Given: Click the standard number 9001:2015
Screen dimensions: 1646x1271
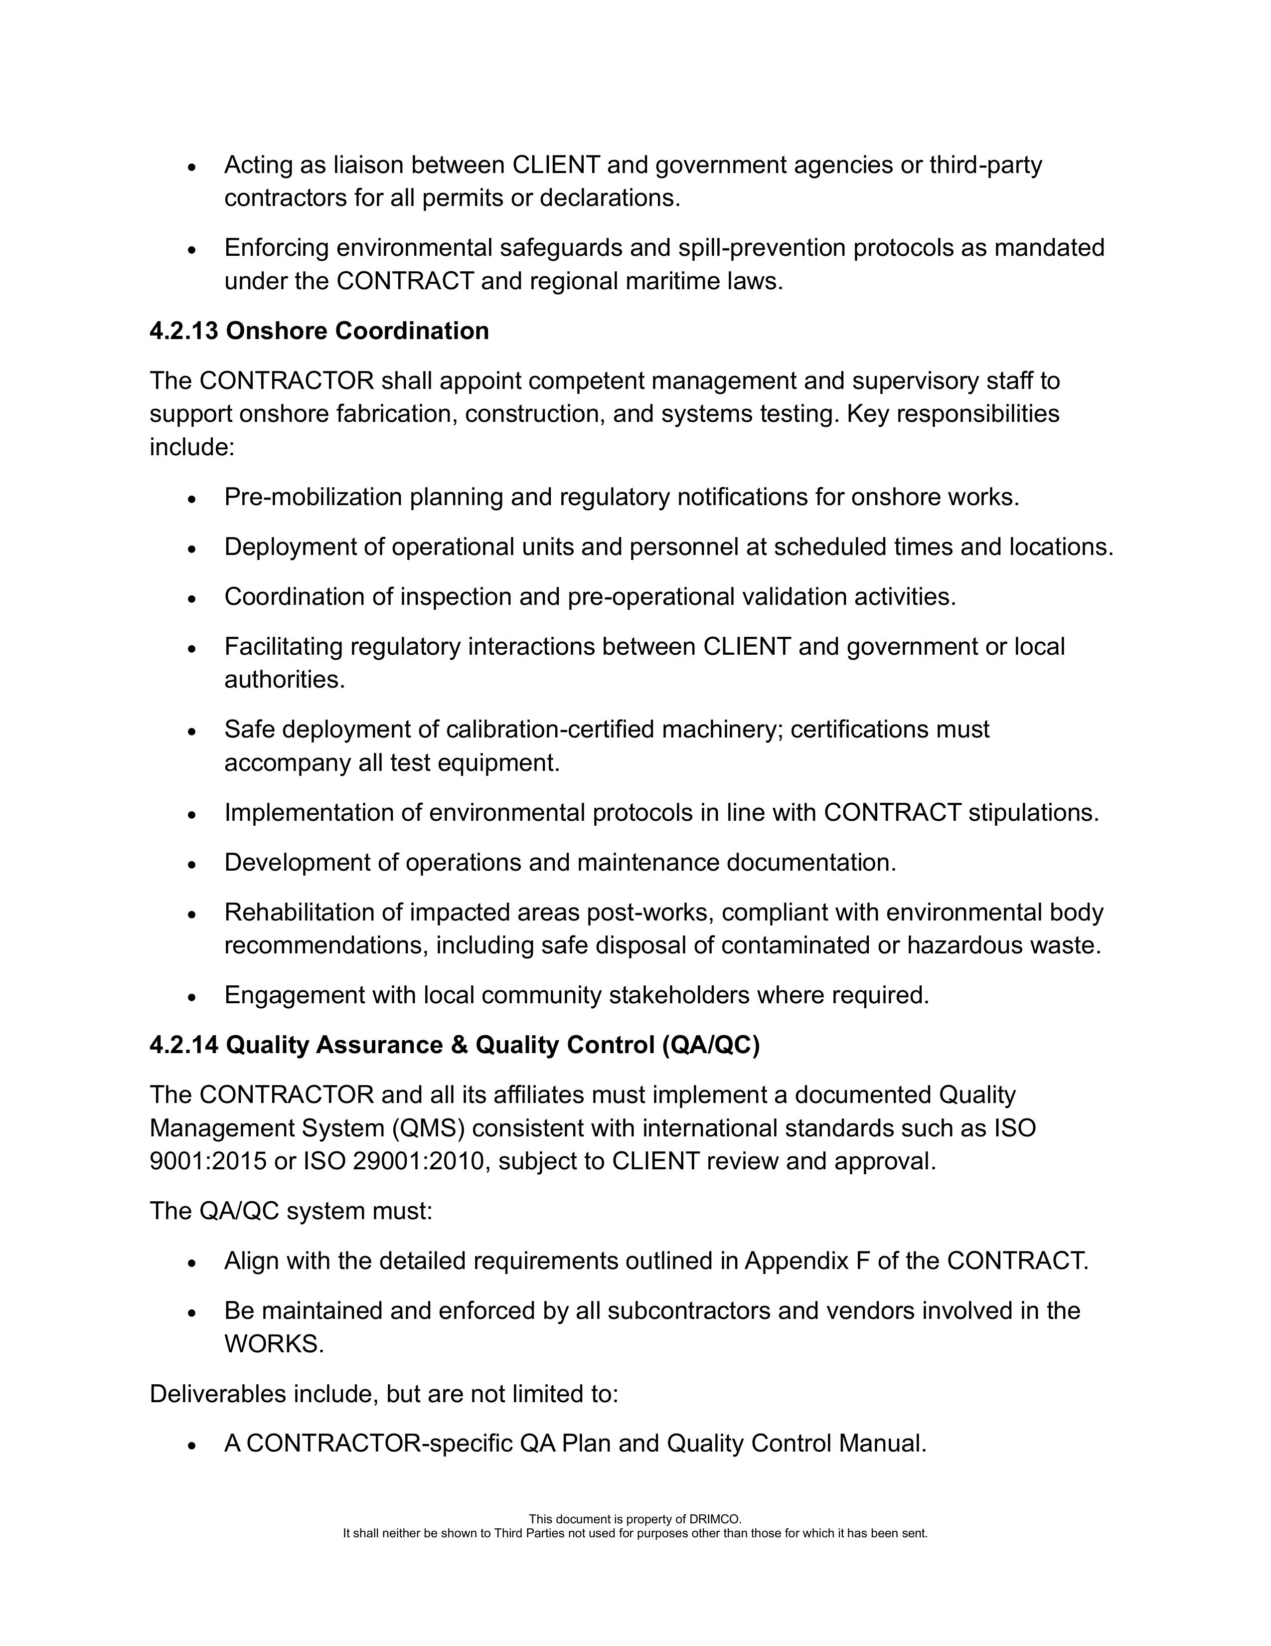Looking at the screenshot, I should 208,1161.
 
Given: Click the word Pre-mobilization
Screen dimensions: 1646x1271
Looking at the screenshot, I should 314,498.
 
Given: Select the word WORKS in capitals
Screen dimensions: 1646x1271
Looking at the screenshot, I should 274,1344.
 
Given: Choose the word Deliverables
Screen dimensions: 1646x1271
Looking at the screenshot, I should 218,1394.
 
